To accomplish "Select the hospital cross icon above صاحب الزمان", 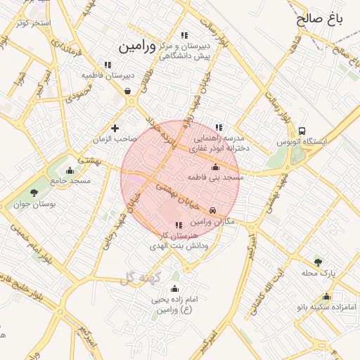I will tap(115, 128).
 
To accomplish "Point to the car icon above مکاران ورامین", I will tap(213, 210).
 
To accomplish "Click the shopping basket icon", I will tap(127, 91).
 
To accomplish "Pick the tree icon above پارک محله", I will tap(319, 262).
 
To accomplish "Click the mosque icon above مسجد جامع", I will tap(69, 170).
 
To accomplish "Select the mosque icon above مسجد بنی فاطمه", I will tap(215, 167).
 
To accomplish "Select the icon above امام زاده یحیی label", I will tap(174, 288).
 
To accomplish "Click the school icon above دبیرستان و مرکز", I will tap(184, 36).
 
